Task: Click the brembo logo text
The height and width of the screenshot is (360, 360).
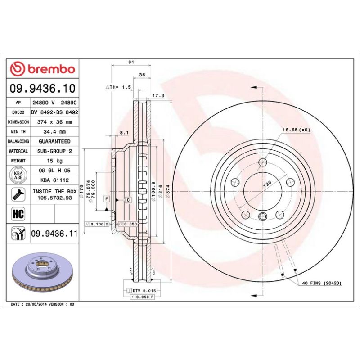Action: [51, 69]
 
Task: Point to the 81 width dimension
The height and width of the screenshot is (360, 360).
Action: [131, 63]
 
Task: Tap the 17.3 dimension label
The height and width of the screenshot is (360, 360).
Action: [158, 96]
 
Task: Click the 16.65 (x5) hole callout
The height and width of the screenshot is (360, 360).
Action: [296, 130]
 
